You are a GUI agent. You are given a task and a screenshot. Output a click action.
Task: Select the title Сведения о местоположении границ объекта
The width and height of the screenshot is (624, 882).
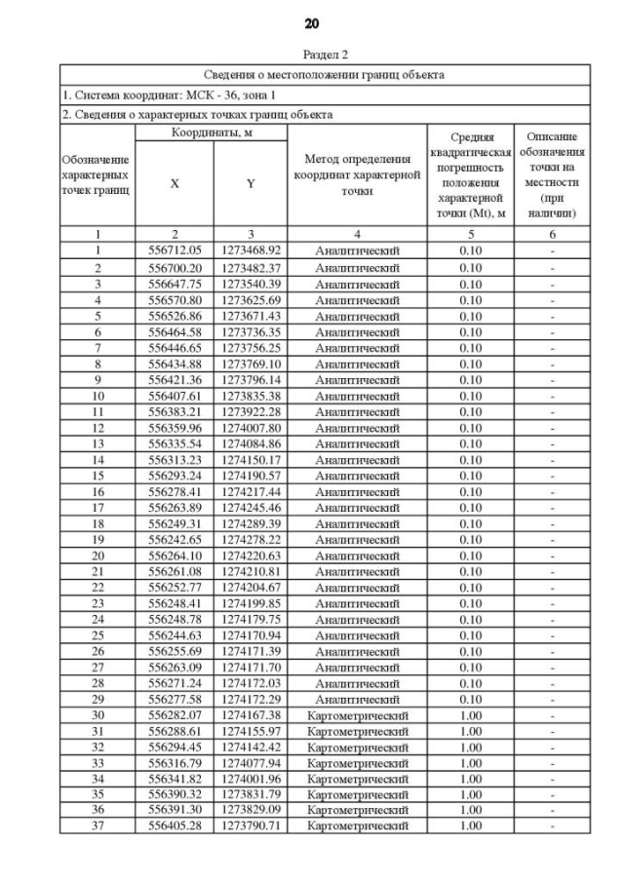(325, 74)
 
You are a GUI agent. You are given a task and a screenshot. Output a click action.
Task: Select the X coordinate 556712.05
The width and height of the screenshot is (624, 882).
(175, 250)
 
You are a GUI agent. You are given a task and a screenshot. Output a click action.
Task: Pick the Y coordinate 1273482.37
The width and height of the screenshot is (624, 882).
(251, 267)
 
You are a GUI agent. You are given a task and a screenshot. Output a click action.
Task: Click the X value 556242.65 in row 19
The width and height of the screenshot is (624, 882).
(175, 539)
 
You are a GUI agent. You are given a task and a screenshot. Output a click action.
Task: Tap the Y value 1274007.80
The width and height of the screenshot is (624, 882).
(251, 427)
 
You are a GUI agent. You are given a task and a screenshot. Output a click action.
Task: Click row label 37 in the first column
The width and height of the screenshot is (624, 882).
(97, 826)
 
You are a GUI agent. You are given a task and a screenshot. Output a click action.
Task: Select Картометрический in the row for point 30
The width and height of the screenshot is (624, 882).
(357, 715)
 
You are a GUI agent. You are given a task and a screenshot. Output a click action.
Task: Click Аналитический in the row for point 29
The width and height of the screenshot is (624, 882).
(357, 699)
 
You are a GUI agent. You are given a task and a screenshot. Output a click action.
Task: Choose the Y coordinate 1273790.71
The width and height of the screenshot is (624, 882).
(251, 826)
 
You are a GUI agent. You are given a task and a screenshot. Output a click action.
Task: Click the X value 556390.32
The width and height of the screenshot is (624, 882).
(175, 795)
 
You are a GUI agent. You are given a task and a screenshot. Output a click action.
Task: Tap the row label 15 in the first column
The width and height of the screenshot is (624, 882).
(97, 475)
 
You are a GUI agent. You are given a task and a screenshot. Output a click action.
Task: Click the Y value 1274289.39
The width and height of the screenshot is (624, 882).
(251, 523)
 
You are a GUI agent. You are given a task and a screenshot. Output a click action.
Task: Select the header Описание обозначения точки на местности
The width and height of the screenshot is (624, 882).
(551, 175)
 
